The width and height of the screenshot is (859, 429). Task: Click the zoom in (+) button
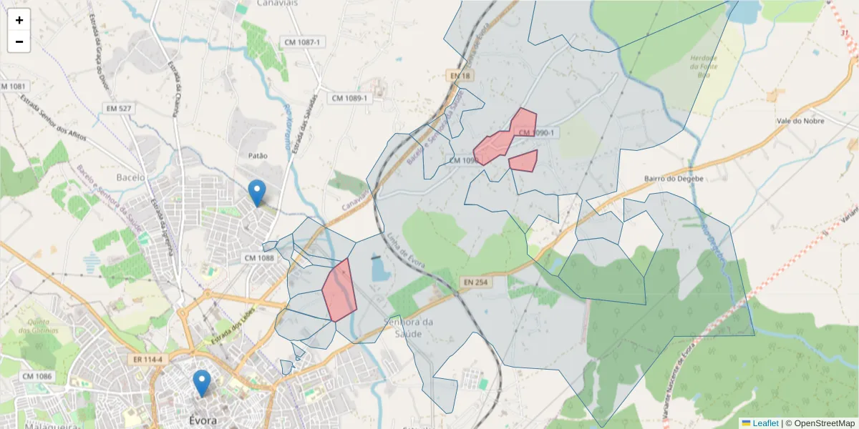click(19, 20)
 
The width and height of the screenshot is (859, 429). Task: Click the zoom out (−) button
click(19, 41)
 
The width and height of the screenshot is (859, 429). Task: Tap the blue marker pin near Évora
click(203, 383)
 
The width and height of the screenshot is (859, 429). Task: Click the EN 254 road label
click(474, 282)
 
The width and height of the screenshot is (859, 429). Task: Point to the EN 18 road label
click(460, 76)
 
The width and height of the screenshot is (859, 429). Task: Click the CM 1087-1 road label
click(304, 43)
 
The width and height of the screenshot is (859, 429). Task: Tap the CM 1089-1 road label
click(350, 98)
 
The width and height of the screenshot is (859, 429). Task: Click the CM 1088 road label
click(259, 257)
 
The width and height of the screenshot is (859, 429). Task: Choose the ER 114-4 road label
click(146, 358)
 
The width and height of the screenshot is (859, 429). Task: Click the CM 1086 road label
click(37, 376)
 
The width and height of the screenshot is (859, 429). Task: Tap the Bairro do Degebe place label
click(674, 178)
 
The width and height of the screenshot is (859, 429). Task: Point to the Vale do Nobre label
click(800, 121)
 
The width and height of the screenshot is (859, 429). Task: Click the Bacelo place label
click(130, 177)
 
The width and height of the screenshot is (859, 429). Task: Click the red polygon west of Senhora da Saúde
click(339, 290)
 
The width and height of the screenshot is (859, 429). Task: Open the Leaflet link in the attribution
click(765, 423)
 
